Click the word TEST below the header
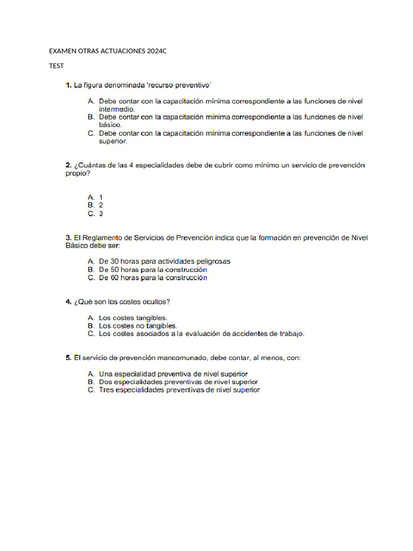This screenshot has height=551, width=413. click(56, 66)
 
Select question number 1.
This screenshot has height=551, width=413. click(68, 85)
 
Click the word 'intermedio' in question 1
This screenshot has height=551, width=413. click(117, 109)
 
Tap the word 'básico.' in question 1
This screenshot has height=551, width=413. click(111, 125)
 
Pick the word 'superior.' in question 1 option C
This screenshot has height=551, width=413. click(113, 141)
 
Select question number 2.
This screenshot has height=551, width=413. click(68, 165)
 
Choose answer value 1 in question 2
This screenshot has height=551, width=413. click(101, 197)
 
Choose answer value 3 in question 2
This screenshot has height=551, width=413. click(101, 214)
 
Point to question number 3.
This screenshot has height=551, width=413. click(68, 237)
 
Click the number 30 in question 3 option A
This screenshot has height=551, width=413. click(122, 262)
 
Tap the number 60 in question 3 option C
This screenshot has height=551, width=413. click(122, 278)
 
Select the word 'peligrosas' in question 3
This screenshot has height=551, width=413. click(213, 262)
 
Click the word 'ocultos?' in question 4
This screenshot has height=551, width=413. click(161, 302)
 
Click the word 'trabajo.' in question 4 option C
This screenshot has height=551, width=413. click(290, 334)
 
